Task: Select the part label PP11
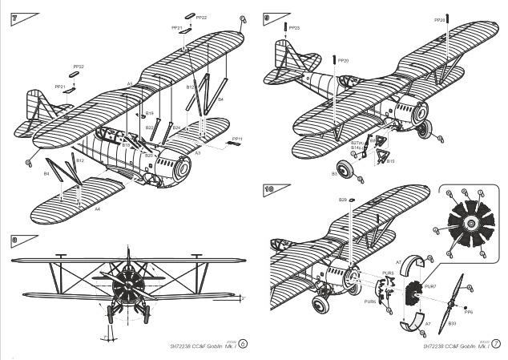click(238, 139)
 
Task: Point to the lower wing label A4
click(97, 208)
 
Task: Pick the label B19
click(149, 113)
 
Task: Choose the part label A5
click(130, 84)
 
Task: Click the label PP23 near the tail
click(294, 29)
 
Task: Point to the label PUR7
click(429, 286)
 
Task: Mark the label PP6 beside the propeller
click(469, 313)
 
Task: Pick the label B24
click(176, 127)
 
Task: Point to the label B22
click(150, 127)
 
